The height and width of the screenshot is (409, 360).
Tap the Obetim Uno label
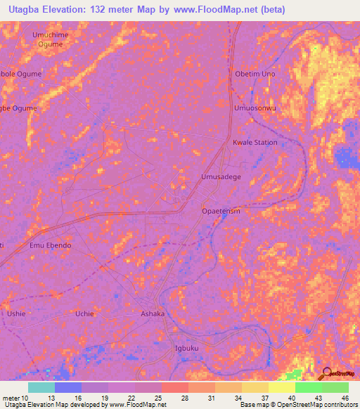pos(255,74)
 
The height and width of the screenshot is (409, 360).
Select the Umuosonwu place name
pos(255,108)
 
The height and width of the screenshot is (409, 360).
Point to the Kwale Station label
pos(255,142)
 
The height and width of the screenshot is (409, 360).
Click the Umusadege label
pos(221,177)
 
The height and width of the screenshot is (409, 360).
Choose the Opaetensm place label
pos(221,211)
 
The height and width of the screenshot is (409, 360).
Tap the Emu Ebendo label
pos(50,245)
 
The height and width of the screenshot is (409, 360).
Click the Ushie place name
pos(15,313)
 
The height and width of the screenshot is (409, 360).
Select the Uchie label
pos(84,313)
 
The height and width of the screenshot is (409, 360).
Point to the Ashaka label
pos(153,313)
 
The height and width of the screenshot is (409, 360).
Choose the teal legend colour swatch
pos(41,387)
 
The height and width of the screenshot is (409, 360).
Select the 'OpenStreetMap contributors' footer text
pos(318,405)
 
